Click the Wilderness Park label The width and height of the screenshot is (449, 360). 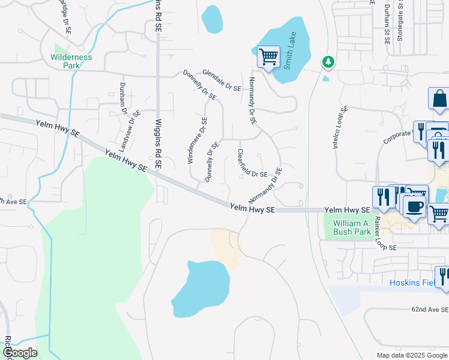(71, 61)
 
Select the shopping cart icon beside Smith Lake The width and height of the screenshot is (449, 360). (268, 58)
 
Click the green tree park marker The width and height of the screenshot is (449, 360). (328, 62)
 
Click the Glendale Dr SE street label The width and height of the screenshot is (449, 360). (221, 80)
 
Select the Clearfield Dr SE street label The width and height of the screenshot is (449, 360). (252, 163)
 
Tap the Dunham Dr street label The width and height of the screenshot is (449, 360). (123, 98)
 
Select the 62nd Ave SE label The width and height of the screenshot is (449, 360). (429, 309)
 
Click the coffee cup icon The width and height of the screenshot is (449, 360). (414, 207)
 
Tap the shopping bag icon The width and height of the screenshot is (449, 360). (439, 100)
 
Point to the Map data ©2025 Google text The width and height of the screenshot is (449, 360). (412, 355)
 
